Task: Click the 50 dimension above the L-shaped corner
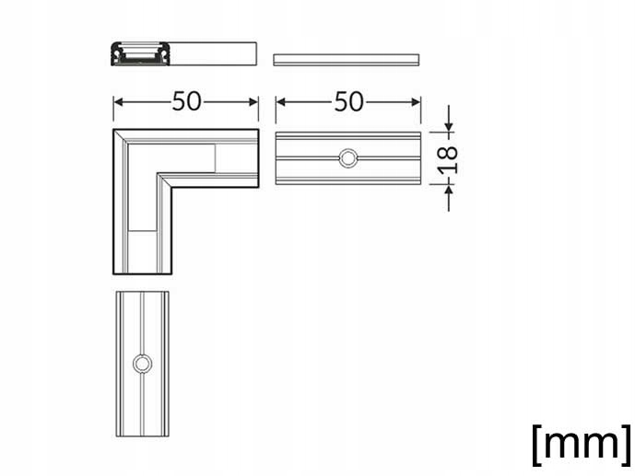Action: [186, 101]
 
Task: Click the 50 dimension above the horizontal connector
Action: [348, 101]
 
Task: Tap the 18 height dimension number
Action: [449, 159]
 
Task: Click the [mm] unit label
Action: [582, 445]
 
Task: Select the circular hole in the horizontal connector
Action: [348, 158]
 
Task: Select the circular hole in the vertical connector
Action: [142, 364]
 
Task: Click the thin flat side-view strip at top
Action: [347, 60]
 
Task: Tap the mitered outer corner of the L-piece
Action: [113, 130]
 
